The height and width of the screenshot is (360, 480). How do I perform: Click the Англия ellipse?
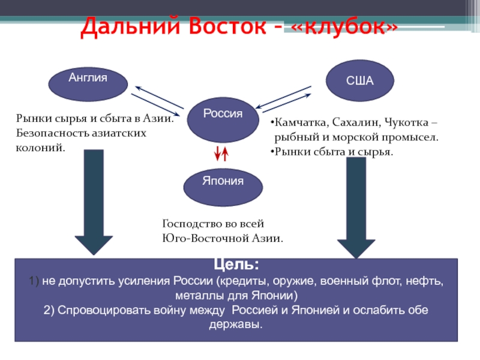88,84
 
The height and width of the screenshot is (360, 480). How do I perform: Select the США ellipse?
359,80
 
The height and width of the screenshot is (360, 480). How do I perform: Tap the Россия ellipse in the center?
223,119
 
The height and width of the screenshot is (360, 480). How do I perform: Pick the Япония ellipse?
223,187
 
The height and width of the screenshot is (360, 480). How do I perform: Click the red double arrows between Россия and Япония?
221,154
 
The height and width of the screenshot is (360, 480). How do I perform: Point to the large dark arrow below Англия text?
94,202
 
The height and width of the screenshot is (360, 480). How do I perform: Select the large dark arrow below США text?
356,208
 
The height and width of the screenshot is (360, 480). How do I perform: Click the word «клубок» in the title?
344,26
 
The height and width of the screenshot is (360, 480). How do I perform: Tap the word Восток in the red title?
227,26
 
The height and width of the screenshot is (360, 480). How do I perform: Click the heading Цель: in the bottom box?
236,265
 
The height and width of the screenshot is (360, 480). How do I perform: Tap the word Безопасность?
52,133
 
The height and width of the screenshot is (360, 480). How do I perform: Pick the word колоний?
40,148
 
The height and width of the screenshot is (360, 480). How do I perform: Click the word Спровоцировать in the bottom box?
104,310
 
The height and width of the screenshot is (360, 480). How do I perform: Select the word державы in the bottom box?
236,324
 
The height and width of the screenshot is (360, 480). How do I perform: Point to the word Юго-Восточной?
205,238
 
